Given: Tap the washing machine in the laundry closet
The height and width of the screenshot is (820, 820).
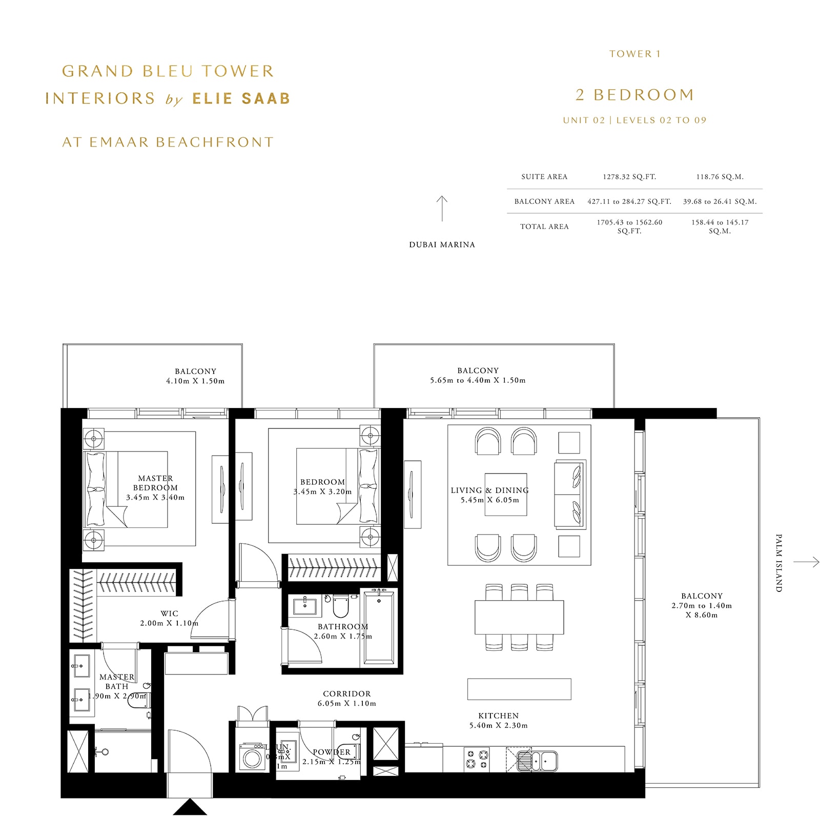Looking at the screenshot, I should coord(252,757).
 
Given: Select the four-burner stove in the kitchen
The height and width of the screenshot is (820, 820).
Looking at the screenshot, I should coord(477,759).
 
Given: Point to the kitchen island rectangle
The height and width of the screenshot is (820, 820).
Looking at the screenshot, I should coord(519,689).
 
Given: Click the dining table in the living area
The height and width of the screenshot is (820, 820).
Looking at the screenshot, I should coord(519,617).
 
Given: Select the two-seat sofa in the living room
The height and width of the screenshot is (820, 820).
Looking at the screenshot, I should coord(569,494).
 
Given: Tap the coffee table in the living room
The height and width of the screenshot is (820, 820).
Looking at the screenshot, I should coord(505,494).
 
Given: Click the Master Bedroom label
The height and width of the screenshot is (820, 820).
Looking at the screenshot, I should coord(155,483).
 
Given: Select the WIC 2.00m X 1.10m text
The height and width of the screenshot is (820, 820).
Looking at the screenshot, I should coord(169,618).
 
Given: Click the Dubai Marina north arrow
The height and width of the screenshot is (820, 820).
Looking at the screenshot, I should coord(442,209).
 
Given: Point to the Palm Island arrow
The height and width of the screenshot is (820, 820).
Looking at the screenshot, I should coord(806,562).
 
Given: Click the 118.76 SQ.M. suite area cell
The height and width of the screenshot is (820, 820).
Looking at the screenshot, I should coord(720,177).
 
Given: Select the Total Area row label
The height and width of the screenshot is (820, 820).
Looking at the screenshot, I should coord(544,227).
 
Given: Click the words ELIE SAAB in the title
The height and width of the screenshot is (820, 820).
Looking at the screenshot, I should coord(241,98).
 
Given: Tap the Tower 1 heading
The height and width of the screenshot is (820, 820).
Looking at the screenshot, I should coord(634,54).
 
